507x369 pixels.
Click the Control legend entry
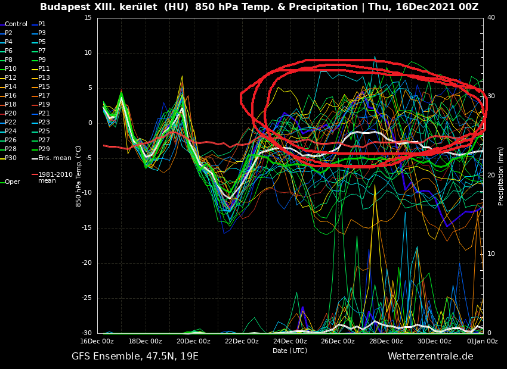(x=16, y=24)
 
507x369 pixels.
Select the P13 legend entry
(x=44, y=78)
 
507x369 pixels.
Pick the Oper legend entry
(x=12, y=182)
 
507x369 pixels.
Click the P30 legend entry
(x=11, y=158)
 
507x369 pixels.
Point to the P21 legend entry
(x=44, y=114)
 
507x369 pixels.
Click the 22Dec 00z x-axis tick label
(x=242, y=341)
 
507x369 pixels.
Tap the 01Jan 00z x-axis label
(x=482, y=341)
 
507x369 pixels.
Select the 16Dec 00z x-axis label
(x=97, y=341)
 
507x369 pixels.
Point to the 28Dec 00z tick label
(x=386, y=341)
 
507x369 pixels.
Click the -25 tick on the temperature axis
(x=87, y=298)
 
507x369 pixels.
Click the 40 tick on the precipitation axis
(x=491, y=18)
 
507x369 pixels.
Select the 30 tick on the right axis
(x=491, y=96)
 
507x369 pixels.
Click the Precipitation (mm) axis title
(x=501, y=176)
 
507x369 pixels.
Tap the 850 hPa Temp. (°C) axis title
(x=79, y=176)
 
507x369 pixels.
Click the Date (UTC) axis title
(x=290, y=351)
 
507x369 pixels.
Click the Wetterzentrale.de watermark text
(x=430, y=357)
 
